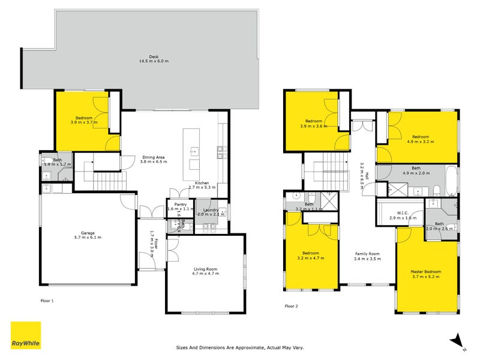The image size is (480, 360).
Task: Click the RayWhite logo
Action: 26,335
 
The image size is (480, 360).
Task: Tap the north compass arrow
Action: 457,340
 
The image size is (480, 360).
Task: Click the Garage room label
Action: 88,235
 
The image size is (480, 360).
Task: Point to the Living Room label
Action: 206,271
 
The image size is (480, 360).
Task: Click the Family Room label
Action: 367,255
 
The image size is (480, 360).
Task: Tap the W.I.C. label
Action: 403,213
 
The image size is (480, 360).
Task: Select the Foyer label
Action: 154,245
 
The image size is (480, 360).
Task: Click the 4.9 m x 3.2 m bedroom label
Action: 420,139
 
